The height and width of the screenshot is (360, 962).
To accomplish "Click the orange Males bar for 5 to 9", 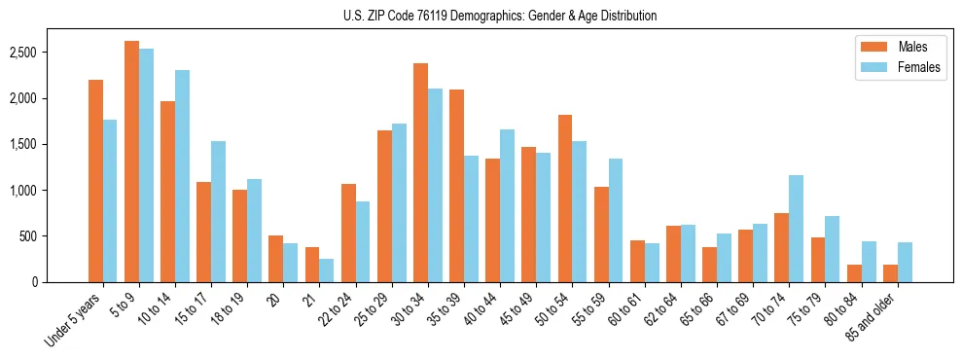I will (131, 162).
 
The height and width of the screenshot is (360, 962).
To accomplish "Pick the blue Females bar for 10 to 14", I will (183, 176).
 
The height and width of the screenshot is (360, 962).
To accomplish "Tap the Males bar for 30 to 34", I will (420, 173).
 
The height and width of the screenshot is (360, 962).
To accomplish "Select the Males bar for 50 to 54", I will (565, 198).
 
